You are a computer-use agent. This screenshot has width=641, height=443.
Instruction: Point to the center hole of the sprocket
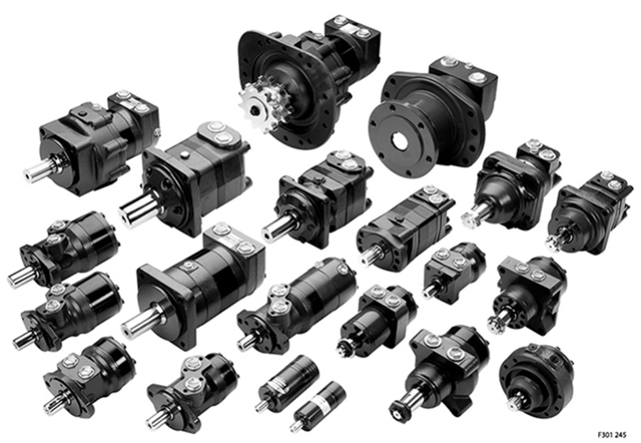pyautogui.click(x=255, y=110)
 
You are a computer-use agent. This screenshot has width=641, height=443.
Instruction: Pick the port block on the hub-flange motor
pyautogui.click(x=463, y=78)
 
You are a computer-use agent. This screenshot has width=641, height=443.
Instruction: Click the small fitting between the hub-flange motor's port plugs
pyautogui.click(x=469, y=66)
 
